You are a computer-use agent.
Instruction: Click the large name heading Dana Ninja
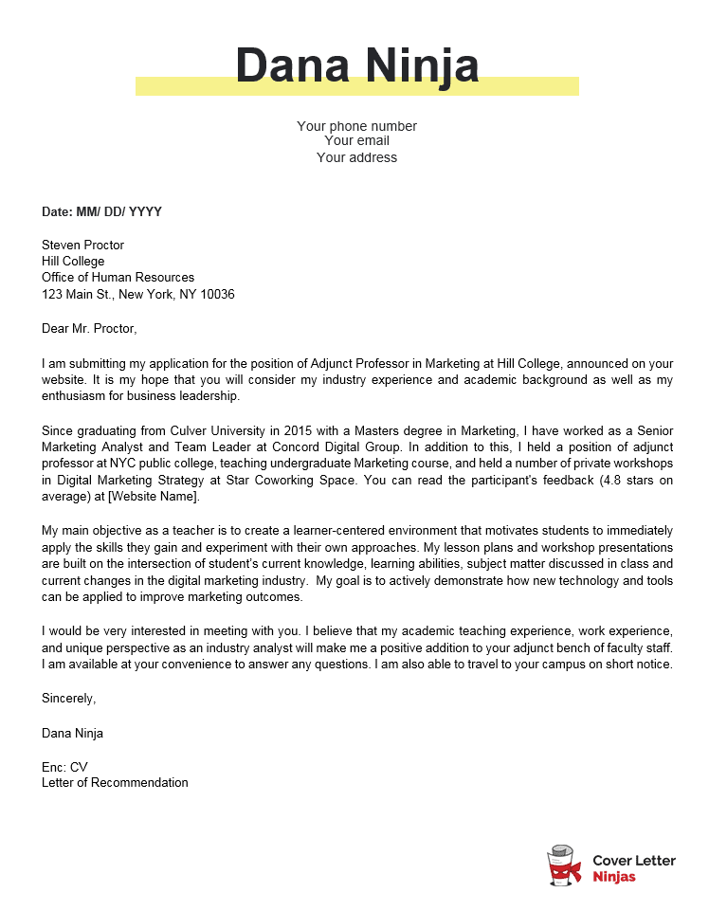pyautogui.click(x=356, y=66)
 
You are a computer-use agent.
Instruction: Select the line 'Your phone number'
pyautogui.click(x=356, y=126)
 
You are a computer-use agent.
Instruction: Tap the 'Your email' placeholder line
pyautogui.click(x=356, y=141)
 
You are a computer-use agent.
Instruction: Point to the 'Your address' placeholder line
pyautogui.click(x=356, y=157)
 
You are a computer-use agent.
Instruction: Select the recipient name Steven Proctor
pyautogui.click(x=82, y=246)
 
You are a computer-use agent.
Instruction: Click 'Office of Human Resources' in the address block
pyautogui.click(x=118, y=278)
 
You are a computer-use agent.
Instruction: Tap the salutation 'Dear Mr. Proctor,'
pyautogui.click(x=89, y=329)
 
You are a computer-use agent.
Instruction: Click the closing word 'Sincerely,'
pyautogui.click(x=68, y=699)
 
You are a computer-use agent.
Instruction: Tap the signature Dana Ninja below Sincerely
pyautogui.click(x=73, y=733)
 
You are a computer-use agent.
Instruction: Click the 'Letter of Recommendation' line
pyautogui.click(x=115, y=783)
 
